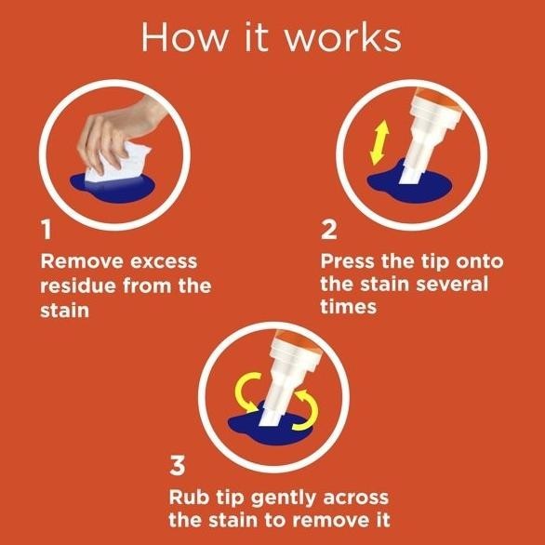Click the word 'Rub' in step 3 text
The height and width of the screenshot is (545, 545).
(188, 497)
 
